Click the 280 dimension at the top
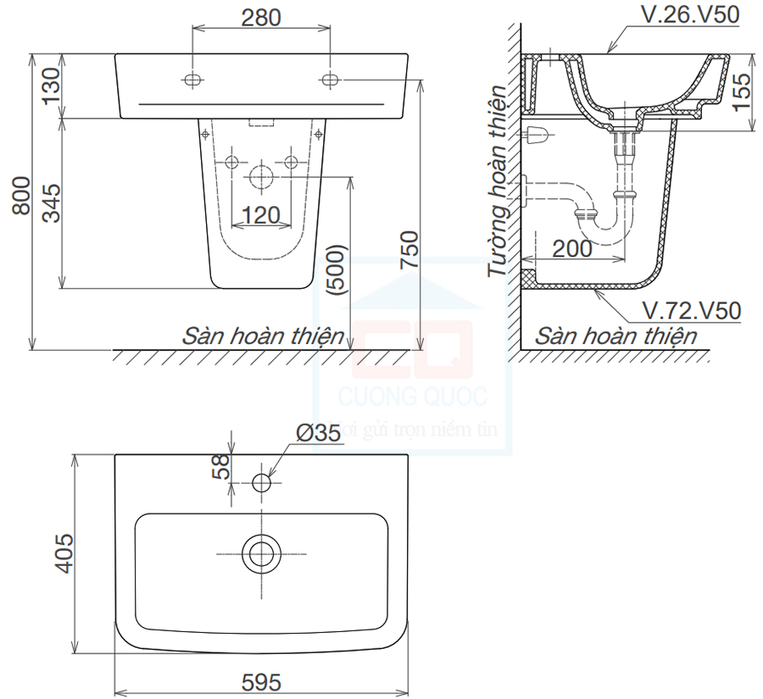coord(261,18)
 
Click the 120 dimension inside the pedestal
coord(261,215)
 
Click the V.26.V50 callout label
coord(689,14)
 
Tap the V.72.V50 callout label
coord(691,310)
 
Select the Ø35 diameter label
coord(318,432)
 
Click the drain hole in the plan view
coord(261,552)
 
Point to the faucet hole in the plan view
coord(261,483)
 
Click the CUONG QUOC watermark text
coord(412,396)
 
